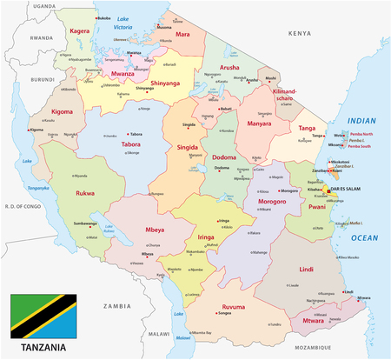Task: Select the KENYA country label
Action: tap(298, 33)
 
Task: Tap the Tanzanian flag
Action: tap(43, 315)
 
